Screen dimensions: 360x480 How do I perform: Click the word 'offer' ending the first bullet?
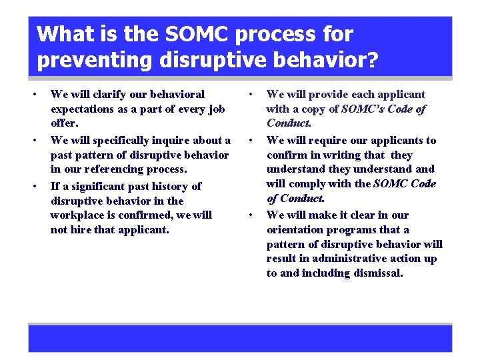pyautogui.click(x=64, y=123)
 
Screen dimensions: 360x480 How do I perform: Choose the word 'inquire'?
pyautogui.click(x=175, y=140)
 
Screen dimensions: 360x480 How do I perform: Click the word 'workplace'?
pyautogui.click(x=78, y=215)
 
